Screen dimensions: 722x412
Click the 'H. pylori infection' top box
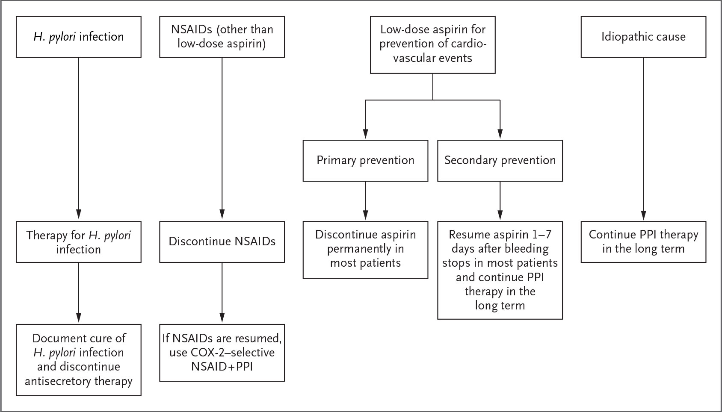[x=79, y=37]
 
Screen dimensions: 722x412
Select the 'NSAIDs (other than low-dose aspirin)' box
[x=222, y=37]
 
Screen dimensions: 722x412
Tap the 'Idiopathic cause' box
[x=643, y=37]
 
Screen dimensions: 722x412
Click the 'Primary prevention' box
[x=366, y=161]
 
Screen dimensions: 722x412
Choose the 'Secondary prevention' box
[x=500, y=161]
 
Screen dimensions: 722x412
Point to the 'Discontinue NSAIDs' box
[x=222, y=242]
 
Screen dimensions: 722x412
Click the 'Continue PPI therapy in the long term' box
[x=643, y=242]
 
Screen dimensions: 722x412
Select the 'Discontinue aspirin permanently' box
[x=366, y=250]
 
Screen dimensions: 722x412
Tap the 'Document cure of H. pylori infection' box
[x=79, y=360]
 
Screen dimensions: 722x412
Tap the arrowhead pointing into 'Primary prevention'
[x=366, y=134]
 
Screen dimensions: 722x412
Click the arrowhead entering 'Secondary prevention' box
[x=500, y=134]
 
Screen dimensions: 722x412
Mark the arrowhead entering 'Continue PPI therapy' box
[x=643, y=215]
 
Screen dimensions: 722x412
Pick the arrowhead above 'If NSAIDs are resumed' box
[x=222, y=318]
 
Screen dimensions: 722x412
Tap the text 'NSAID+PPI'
[x=222, y=367]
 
